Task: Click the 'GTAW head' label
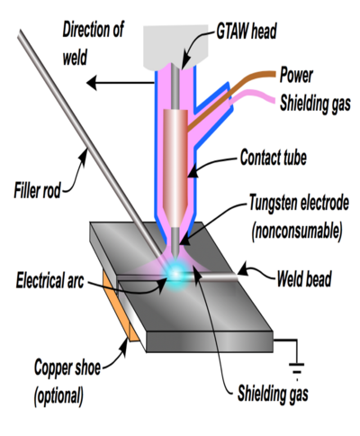[x=247, y=32]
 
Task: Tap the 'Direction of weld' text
[x=93, y=43]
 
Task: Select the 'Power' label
[x=296, y=75]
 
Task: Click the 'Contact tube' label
[x=274, y=157]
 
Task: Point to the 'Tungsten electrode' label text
[x=299, y=203]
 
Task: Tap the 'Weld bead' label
[x=304, y=278]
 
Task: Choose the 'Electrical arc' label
[x=49, y=280]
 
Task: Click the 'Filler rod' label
[x=37, y=190]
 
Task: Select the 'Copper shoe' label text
[x=67, y=367]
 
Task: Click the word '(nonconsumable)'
[x=297, y=232]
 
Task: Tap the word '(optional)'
[x=58, y=395]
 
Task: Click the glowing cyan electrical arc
[x=175, y=274]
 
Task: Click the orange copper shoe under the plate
[x=120, y=308]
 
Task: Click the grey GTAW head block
[x=175, y=48]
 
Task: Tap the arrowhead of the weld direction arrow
[x=92, y=83]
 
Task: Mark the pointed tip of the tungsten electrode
[x=175, y=256]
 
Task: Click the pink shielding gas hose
[x=253, y=96]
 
